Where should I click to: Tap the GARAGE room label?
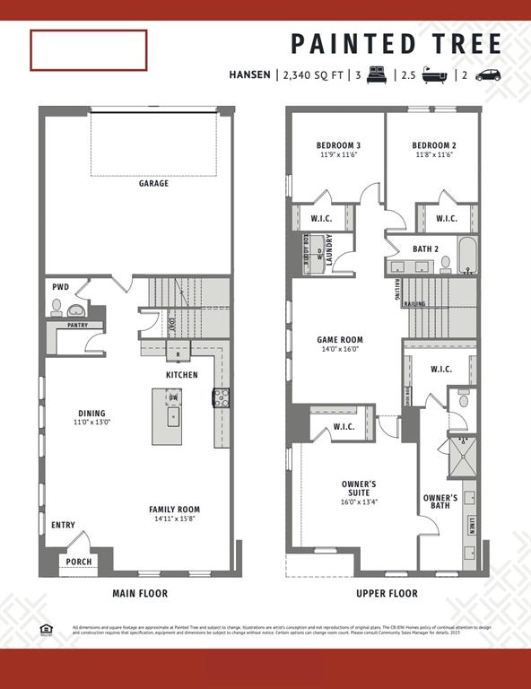pos(154,184)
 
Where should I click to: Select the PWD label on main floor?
pos(60,287)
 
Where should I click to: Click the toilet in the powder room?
pos(58,308)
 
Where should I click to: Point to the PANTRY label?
pos(77,325)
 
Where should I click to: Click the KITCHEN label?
pos(181,374)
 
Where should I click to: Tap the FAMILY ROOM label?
pos(174,510)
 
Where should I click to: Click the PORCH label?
pos(78,562)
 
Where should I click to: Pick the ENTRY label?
pos(63,525)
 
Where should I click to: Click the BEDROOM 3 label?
pos(338,145)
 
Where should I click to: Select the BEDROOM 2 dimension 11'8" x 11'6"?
pos(434,155)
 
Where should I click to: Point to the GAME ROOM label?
pos(340,340)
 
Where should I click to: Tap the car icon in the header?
pos(488,75)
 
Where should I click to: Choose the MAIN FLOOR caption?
pos(139,593)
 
